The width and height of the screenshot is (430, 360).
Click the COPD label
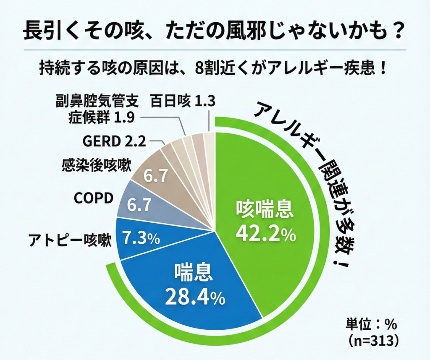click(x=94, y=198)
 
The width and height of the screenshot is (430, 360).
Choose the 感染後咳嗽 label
click(x=97, y=164)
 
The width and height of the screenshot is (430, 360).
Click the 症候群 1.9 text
click(x=101, y=117)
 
